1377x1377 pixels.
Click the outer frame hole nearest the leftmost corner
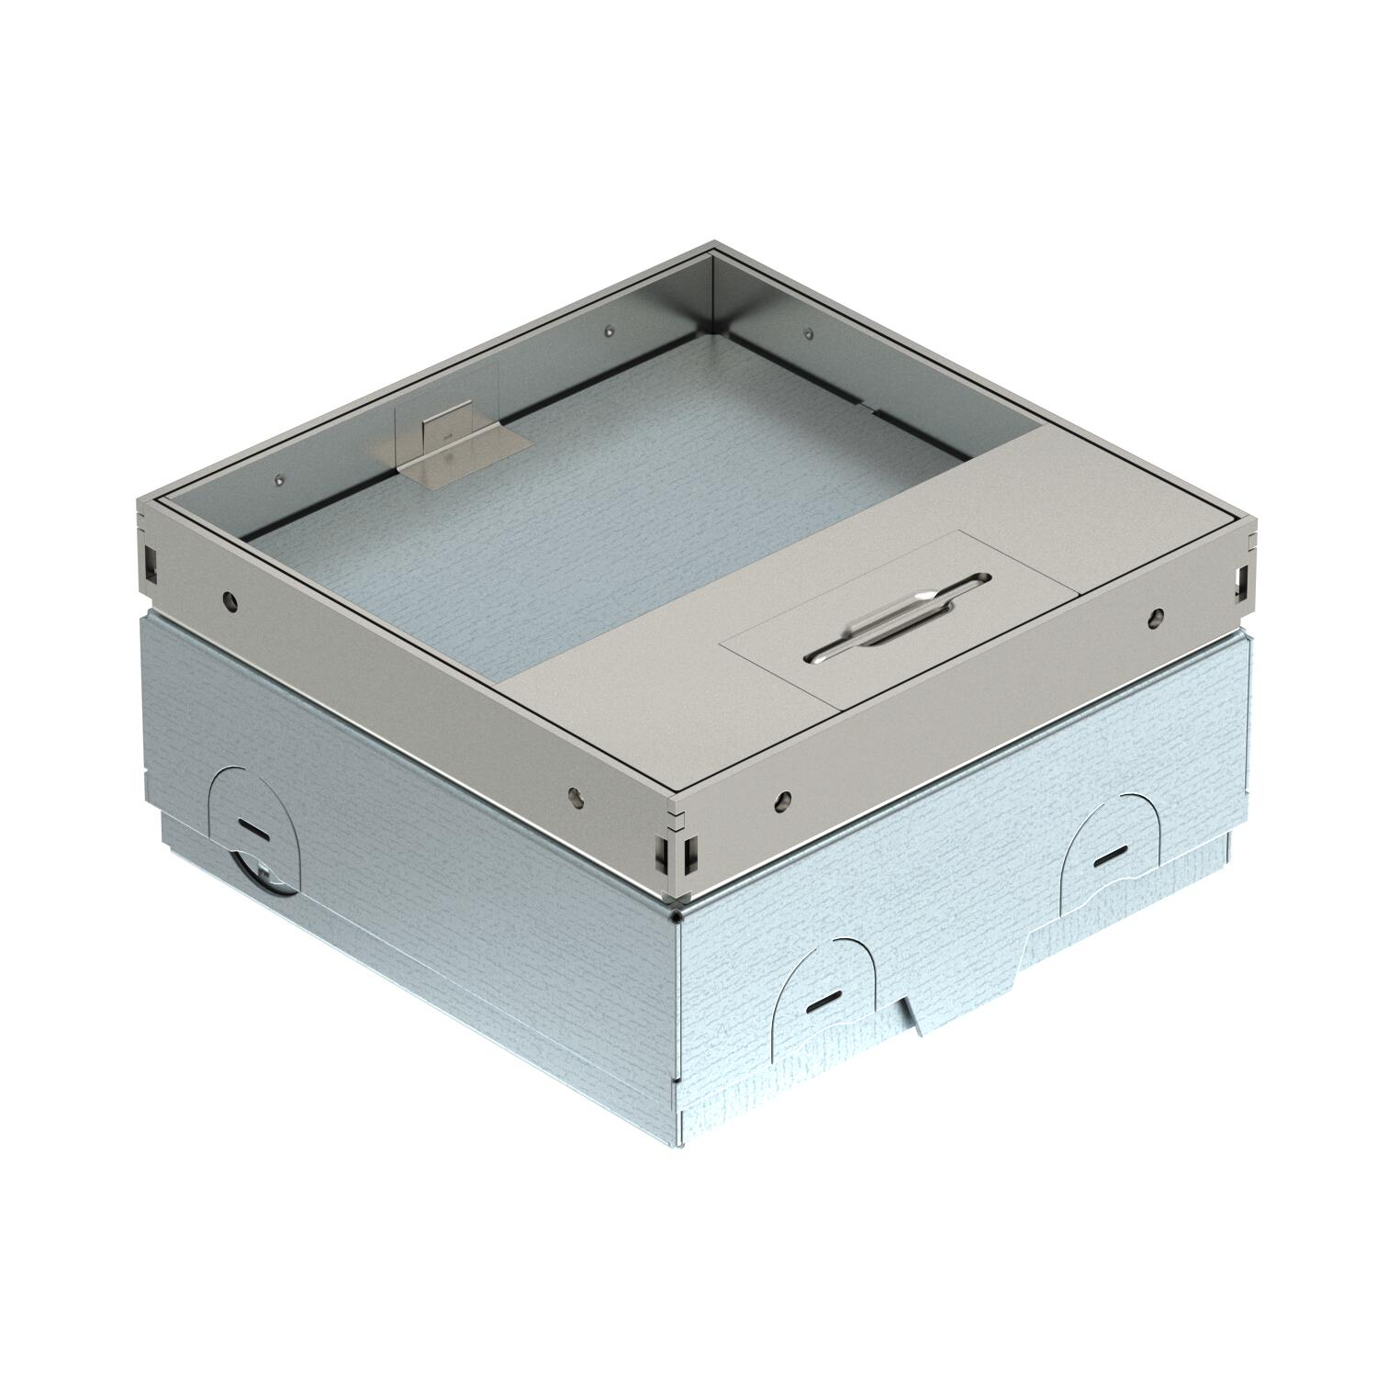(229, 601)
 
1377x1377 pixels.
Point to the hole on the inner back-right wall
(808, 333)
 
